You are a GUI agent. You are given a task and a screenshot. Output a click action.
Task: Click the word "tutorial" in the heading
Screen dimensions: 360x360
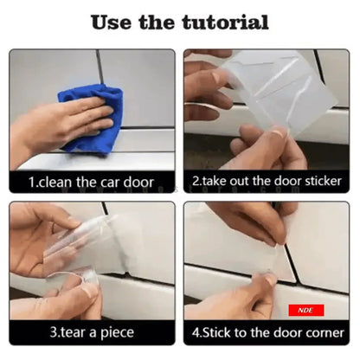coord(223,21)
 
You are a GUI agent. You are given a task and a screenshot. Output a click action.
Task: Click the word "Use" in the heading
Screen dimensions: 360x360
coord(113,21)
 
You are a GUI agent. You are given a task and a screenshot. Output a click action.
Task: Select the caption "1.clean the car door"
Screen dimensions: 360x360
coord(91,182)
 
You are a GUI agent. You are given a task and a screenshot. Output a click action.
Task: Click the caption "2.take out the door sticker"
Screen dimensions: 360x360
coord(267,182)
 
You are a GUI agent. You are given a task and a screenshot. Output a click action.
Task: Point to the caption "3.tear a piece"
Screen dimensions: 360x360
coord(91,332)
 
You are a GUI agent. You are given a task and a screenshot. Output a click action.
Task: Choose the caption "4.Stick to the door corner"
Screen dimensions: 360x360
coord(267,332)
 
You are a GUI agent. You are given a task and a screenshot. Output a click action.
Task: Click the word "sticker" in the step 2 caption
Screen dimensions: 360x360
coord(319,182)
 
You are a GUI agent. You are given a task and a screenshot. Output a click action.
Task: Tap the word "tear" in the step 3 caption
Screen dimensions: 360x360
coord(74,332)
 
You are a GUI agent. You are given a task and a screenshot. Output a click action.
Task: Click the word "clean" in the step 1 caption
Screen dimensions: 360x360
coord(58,182)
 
